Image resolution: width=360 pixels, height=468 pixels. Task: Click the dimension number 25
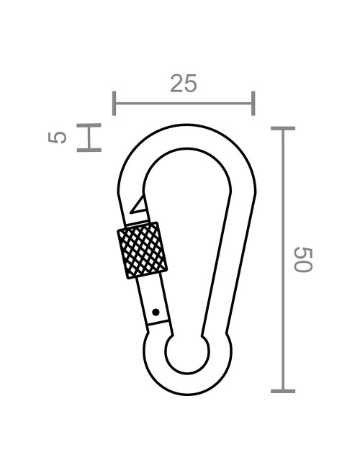tap(184, 84)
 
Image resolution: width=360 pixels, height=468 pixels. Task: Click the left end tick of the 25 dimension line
tap(114, 104)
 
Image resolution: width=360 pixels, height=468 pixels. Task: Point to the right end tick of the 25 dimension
tap(253, 104)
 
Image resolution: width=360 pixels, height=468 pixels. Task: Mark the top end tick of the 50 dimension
tap(283, 129)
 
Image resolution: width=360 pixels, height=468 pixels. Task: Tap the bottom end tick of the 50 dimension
tap(283, 391)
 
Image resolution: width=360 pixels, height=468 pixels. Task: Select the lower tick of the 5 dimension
tap(89, 150)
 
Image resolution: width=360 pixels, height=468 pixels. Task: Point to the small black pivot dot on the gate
tap(156, 312)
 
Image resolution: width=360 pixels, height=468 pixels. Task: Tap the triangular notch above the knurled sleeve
tap(138, 206)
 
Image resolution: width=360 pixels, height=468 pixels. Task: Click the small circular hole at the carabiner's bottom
tap(187, 354)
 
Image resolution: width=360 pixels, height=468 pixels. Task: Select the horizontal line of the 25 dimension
tap(184, 104)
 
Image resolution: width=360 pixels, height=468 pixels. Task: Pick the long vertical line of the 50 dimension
tap(283, 259)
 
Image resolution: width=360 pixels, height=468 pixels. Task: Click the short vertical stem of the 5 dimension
tap(89, 138)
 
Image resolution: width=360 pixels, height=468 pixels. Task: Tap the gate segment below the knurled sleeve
tap(155, 302)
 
